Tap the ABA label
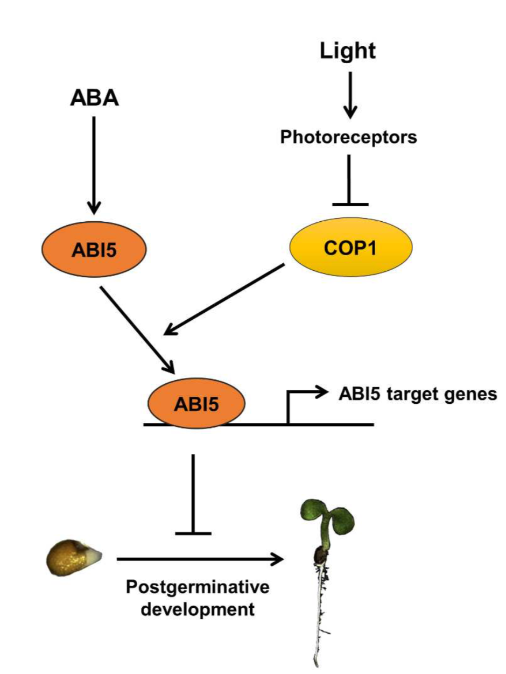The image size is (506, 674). click(94, 99)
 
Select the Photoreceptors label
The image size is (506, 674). click(349, 137)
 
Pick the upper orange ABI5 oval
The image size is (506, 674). click(94, 249)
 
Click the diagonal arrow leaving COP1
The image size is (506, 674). click(226, 299)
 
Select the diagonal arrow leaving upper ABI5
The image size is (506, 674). click(137, 328)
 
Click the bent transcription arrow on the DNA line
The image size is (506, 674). click(301, 401)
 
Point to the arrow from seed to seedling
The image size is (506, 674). click(199, 559)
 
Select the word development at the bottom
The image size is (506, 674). click(198, 610)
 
